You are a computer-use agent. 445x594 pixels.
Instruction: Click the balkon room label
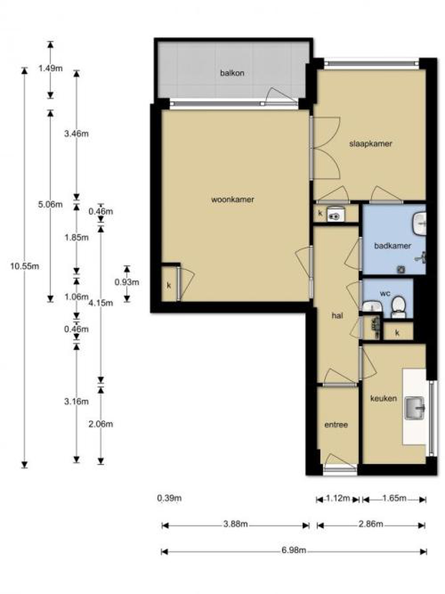pos(232,73)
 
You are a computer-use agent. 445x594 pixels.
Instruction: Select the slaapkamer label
pos(370,144)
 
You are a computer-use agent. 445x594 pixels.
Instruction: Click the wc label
pos(385,293)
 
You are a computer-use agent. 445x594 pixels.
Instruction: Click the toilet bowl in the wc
pos(398,307)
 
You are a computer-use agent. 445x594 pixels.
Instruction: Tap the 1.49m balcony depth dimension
pos(51,68)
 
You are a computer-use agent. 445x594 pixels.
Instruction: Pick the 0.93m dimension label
pos(127,282)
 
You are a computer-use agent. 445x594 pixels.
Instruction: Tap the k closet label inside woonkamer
pos(169,285)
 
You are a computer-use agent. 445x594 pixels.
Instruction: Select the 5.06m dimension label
pos(51,205)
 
